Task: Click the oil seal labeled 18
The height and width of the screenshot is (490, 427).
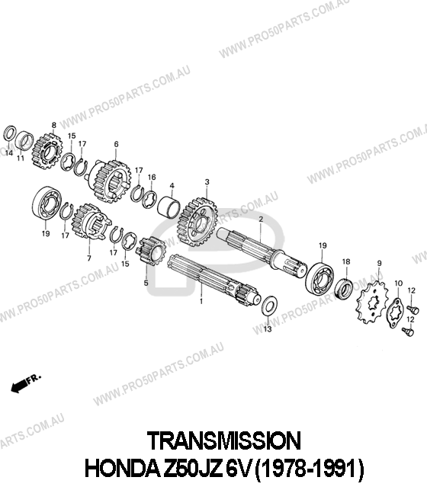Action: (344, 288)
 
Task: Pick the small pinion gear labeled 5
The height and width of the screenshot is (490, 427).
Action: (150, 251)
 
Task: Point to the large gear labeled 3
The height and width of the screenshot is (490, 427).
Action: (197, 222)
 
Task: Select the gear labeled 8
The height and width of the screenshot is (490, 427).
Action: (47, 152)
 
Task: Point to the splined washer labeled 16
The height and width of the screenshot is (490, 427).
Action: (149, 199)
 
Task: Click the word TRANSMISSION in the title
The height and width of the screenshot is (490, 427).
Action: (224, 440)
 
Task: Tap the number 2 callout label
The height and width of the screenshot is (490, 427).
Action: (261, 219)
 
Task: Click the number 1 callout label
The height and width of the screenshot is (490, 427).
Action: (201, 302)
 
